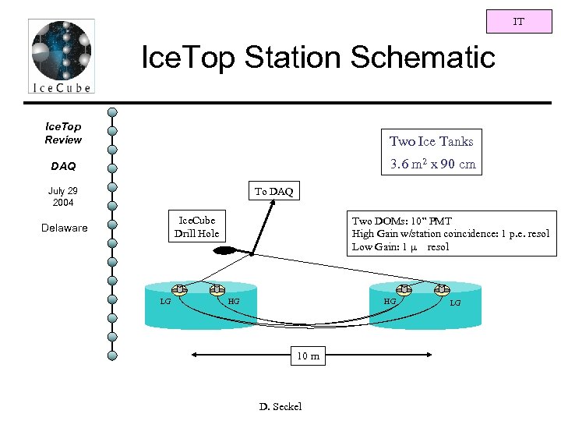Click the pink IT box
518,22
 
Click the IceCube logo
61,56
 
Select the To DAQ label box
273,192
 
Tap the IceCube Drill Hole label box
196,227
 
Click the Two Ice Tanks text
431,141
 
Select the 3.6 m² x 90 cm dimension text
432,165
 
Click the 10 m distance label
307,356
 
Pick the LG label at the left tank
165,301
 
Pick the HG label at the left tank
234,301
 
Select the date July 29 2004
62,196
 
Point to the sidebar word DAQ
63,166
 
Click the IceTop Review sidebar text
63,133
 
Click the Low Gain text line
400,247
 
